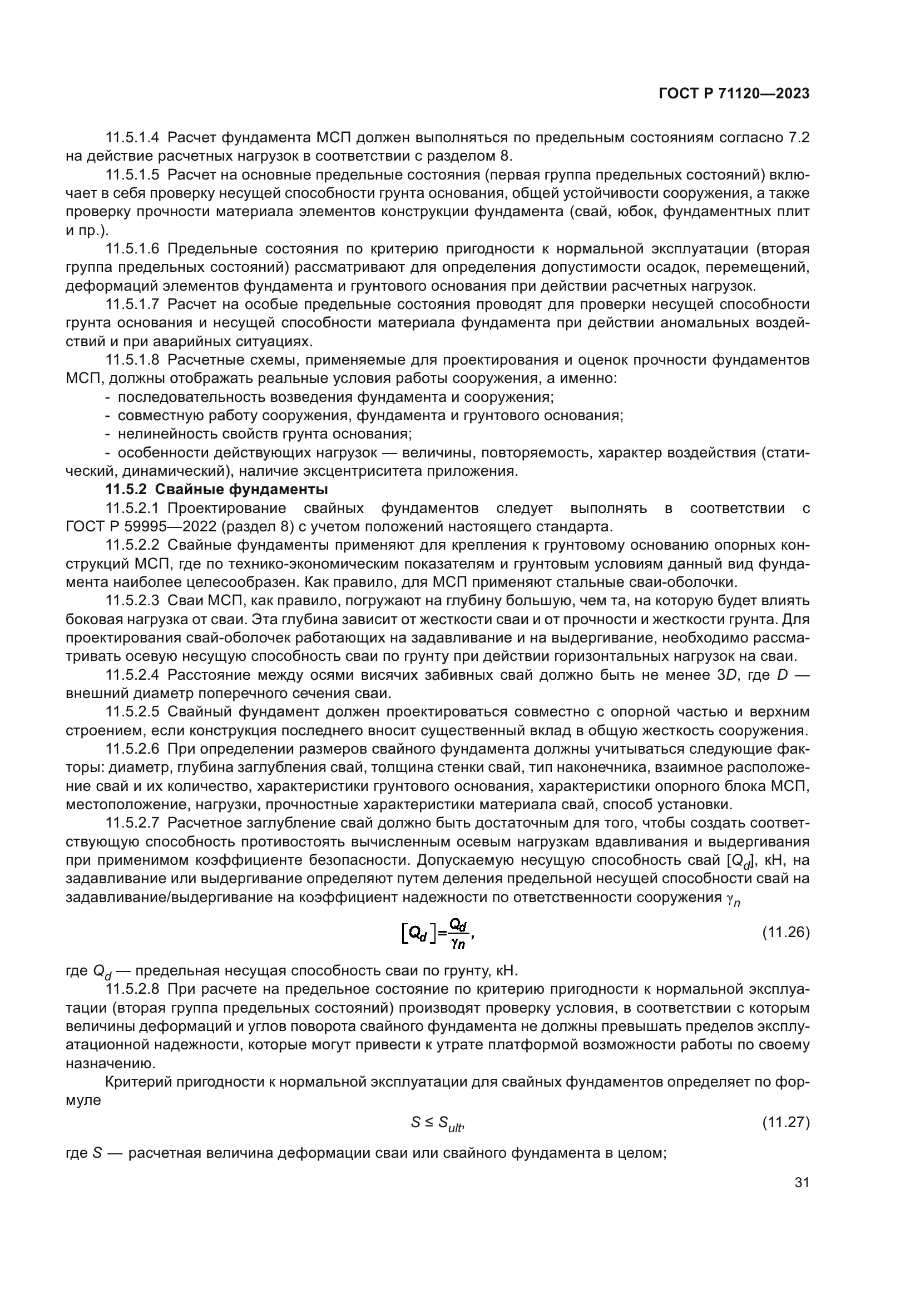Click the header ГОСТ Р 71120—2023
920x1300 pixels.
[x=734, y=94]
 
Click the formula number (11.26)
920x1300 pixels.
[x=785, y=932]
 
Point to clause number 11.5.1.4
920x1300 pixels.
[x=132, y=138]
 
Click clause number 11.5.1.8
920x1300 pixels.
[x=132, y=360]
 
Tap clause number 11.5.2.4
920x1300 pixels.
[x=132, y=675]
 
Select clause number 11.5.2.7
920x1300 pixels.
[x=132, y=823]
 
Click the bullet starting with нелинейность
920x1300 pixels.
[x=264, y=434]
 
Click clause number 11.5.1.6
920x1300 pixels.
[x=132, y=248]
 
